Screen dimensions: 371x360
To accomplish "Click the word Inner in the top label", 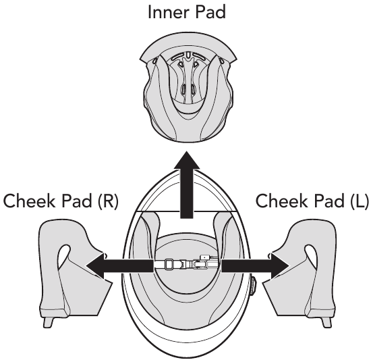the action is pyautogui.click(x=169, y=12).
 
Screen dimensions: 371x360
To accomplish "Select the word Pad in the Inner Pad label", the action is pyautogui.click(x=211, y=12).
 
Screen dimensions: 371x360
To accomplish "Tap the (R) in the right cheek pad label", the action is pyautogui.click(x=108, y=201).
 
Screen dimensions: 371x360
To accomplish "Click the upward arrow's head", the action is pyautogui.click(x=187, y=160).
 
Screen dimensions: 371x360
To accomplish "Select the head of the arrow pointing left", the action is pyautogui.click(x=94, y=265).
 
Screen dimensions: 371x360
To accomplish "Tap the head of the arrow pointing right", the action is pyautogui.click(x=280, y=265).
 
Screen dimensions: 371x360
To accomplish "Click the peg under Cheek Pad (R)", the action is pyautogui.click(x=49, y=322).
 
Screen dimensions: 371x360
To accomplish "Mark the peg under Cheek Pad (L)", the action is pyautogui.click(x=326, y=322).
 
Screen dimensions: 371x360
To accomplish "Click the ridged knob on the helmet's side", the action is pyautogui.click(x=253, y=286).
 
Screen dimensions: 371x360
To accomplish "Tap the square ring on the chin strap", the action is pyautogui.click(x=169, y=264).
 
